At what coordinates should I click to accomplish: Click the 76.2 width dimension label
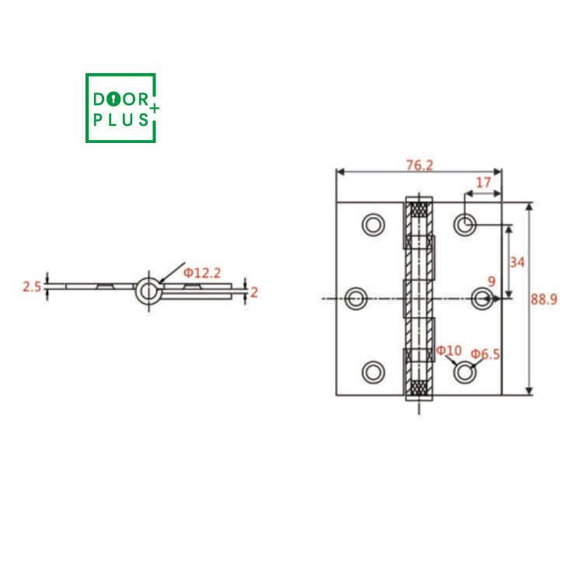click(x=420, y=165)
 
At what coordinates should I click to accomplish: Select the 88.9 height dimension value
click(x=543, y=299)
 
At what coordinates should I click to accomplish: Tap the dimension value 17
click(x=484, y=183)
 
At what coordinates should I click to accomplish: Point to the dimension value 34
click(x=517, y=263)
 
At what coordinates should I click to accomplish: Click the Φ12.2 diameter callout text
click(x=202, y=274)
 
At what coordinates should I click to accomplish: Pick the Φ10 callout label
click(x=449, y=351)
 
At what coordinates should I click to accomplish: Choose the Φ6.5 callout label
click(x=485, y=354)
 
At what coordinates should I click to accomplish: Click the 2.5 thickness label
click(x=32, y=287)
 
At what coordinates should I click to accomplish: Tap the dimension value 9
click(x=491, y=281)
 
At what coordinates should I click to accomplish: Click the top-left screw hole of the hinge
click(x=373, y=225)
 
